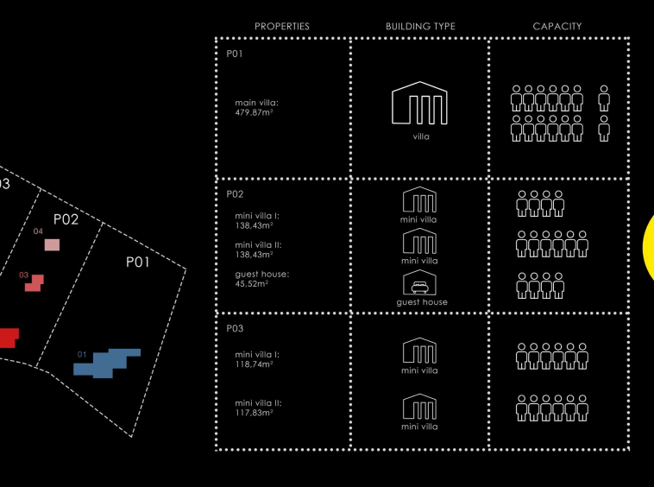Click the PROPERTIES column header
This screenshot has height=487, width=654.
(281, 27)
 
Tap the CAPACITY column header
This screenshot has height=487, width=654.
(557, 27)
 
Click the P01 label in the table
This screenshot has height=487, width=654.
(235, 54)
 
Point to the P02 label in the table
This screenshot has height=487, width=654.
(235, 195)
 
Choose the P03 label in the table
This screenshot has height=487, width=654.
(235, 329)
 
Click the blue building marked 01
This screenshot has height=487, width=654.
(107, 363)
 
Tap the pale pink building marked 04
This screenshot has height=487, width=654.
(53, 244)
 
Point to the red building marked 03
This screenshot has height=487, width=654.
(34, 283)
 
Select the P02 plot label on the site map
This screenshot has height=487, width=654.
(66, 219)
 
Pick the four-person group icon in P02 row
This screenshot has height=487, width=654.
(540, 204)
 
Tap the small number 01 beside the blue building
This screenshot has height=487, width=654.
(82, 354)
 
